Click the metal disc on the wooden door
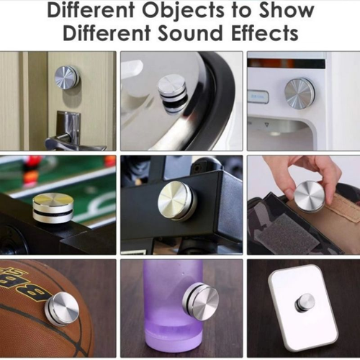(x=67, y=77)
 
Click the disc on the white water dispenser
(x=299, y=93)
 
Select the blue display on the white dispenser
(x=258, y=96)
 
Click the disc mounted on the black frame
(x=176, y=199)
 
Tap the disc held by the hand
(x=310, y=196)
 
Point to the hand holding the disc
(x=302, y=173)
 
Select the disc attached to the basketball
(x=63, y=308)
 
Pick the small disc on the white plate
(x=305, y=302)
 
